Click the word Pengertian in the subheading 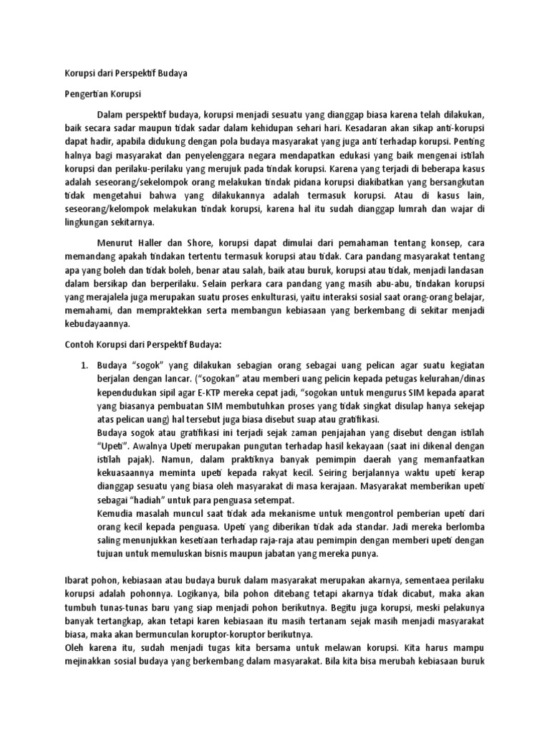point(79,94)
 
